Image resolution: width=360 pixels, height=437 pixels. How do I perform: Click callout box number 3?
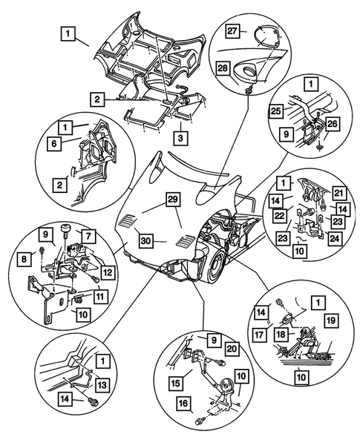pos(180,137)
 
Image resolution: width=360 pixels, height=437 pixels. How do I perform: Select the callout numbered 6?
pos(54,143)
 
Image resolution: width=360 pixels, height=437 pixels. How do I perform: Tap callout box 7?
pos(88,237)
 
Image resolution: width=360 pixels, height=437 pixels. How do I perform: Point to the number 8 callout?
pos(24,259)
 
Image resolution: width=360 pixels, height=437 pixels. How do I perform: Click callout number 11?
pos(100,296)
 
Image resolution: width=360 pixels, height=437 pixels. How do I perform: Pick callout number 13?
pos(102,385)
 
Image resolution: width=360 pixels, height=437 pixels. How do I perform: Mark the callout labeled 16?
pos(184,404)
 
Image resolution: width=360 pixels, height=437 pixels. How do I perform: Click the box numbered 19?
pos(331,321)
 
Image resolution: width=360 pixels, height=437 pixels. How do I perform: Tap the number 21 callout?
pos(339,193)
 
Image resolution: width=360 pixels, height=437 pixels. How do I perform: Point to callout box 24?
pos(334,238)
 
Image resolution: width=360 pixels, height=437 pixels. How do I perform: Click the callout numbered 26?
pos(332,125)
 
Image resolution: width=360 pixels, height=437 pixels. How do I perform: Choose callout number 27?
pos(232,30)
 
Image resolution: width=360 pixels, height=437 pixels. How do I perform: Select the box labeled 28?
pos(223,68)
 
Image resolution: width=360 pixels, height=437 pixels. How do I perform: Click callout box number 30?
pos(145,241)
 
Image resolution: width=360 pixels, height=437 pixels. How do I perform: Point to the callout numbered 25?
pos(277,111)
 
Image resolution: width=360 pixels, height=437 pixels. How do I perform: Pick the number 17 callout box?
pos(259,335)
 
